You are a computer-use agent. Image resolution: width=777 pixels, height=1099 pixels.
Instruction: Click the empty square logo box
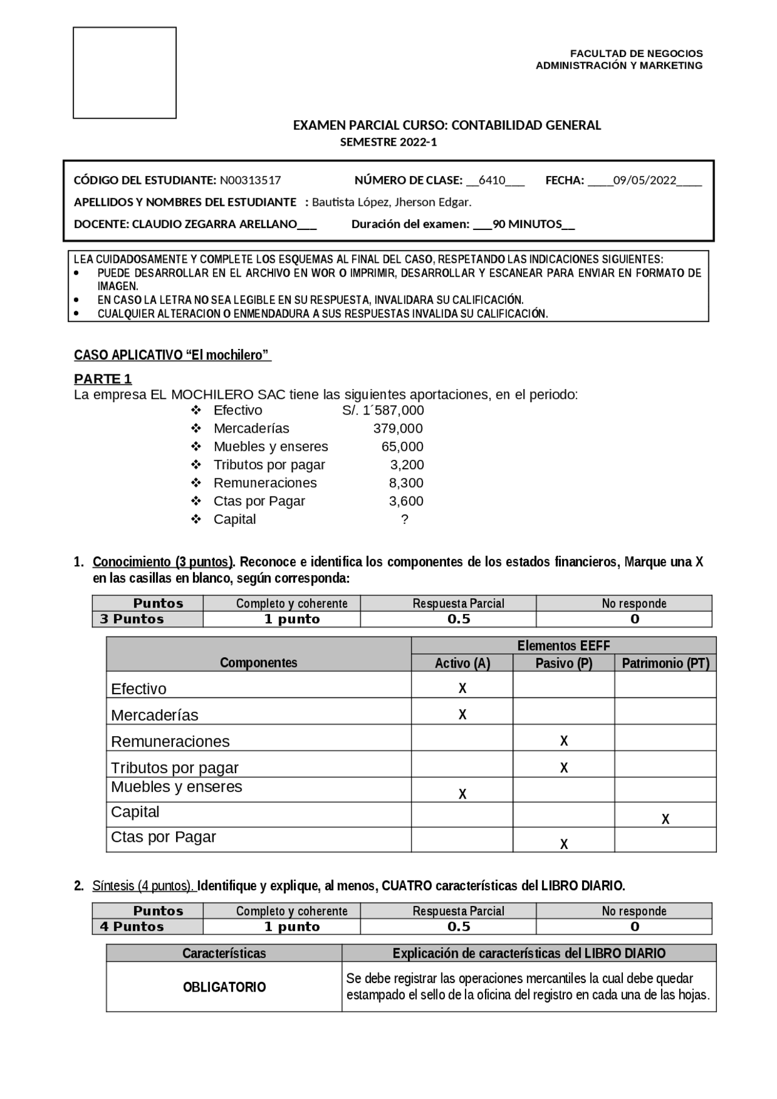coord(124,72)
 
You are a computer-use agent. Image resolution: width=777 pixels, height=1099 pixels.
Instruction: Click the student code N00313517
coord(250,180)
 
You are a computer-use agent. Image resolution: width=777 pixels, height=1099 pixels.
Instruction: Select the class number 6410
coord(492,180)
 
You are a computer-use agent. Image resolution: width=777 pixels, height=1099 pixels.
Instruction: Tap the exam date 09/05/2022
coord(644,180)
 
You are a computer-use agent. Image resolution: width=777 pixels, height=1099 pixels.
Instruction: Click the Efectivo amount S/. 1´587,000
coord(383,410)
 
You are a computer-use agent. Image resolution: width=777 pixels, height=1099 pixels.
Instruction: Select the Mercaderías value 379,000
coord(398,428)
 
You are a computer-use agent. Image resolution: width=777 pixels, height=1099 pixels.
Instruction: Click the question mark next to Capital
coord(405,519)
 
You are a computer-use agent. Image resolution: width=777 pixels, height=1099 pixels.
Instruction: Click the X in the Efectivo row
coord(463,688)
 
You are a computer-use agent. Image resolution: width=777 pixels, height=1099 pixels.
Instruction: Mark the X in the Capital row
coord(665,819)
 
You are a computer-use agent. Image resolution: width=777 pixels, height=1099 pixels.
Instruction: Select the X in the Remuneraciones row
coord(564,741)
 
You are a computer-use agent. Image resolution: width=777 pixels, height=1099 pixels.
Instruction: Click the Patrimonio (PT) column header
coord(665,663)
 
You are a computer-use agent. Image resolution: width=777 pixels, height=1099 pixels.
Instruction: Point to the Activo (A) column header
coord(463,663)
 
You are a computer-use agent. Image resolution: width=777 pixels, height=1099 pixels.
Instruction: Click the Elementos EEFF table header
coord(563,646)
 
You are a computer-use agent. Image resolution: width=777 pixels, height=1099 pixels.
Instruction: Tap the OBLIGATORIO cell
coord(225,987)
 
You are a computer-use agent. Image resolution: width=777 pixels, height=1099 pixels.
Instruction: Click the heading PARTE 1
coord(103,379)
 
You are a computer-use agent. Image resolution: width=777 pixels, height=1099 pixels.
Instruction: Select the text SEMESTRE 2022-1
coord(388,143)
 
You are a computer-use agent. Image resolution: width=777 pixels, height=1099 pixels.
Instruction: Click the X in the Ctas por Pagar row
coord(564,844)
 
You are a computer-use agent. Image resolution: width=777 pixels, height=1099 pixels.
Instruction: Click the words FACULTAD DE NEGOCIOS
coord(636,53)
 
